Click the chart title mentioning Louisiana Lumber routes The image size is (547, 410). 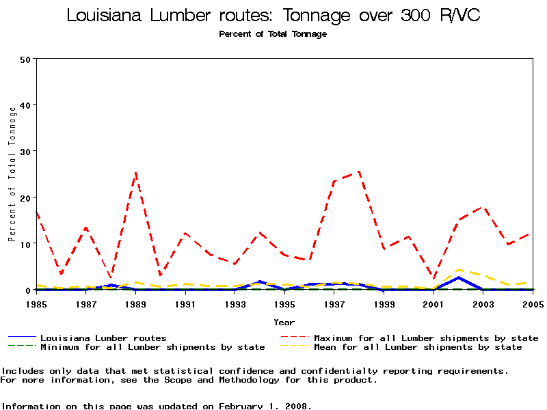(x=273, y=15)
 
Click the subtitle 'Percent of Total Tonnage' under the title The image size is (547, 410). (x=273, y=34)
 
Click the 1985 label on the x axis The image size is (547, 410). (x=36, y=303)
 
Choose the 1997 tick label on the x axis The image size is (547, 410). (x=334, y=303)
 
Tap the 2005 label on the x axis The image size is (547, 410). (x=533, y=303)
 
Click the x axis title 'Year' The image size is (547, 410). (x=284, y=322)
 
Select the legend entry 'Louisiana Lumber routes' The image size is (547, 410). (x=103, y=338)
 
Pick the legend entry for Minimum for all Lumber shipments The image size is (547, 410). (x=152, y=347)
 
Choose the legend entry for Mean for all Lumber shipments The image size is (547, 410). (x=418, y=347)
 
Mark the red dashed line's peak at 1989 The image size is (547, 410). (x=135, y=173)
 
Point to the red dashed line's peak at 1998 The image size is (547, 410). (x=359, y=172)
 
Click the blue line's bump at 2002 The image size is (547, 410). (x=458, y=277)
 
